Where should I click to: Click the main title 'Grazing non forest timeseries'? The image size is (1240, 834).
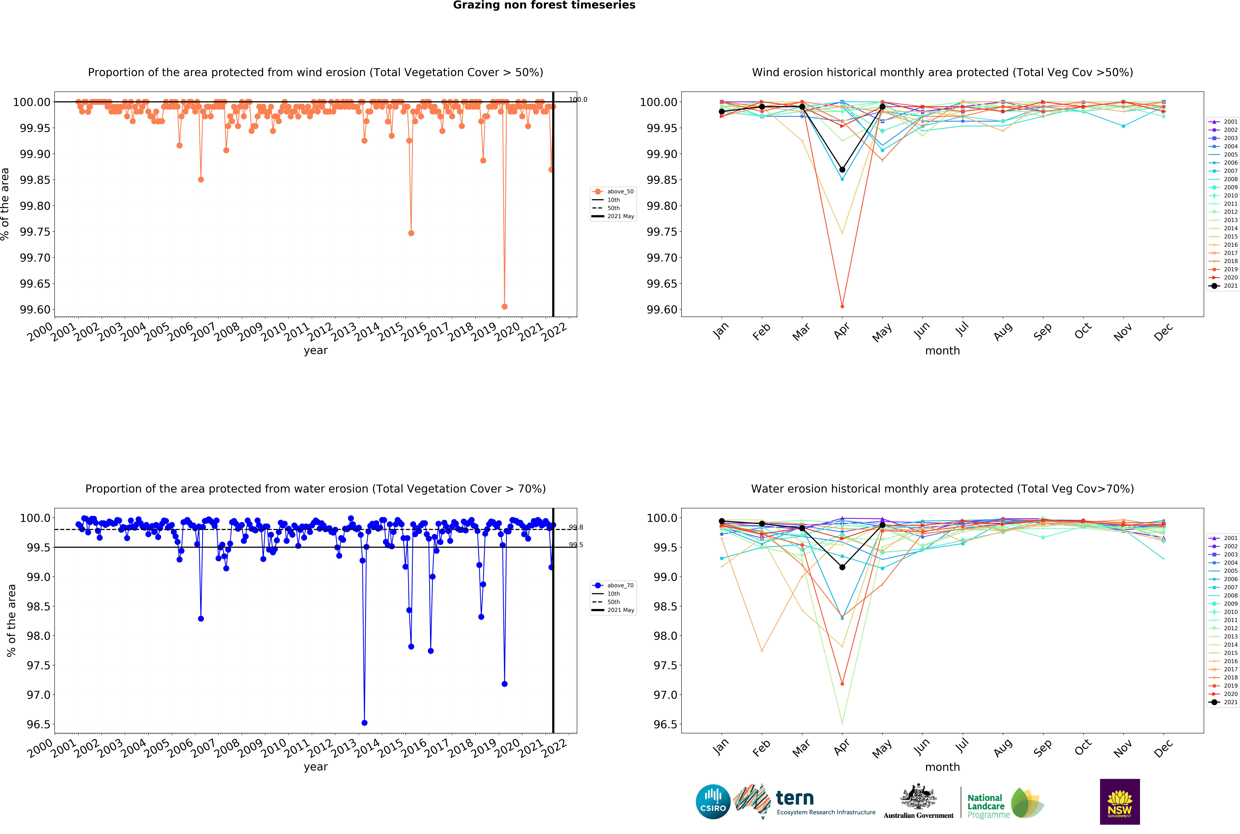point(544,5)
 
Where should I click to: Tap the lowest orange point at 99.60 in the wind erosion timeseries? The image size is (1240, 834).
point(504,306)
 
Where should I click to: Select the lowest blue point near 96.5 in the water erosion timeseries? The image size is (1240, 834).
point(364,723)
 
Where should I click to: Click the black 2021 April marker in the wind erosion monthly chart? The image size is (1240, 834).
point(842,170)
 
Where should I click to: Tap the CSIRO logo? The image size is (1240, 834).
point(713,801)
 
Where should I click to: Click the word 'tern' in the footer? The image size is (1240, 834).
point(795,798)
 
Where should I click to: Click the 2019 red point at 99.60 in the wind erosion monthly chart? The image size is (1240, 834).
point(842,306)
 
